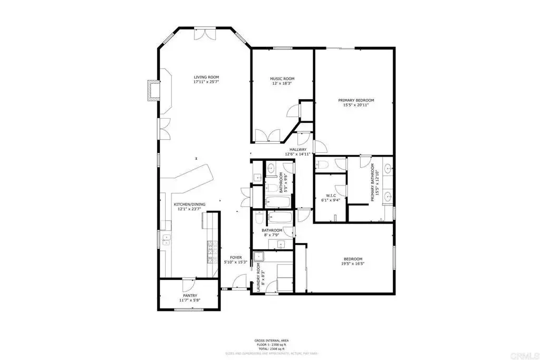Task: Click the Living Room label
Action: (206, 77)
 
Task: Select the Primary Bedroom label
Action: (356, 100)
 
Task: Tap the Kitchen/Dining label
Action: (190, 204)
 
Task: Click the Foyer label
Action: (235, 257)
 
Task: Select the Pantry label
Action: (189, 296)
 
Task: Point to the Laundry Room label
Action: (259, 278)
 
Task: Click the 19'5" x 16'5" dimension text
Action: (353, 264)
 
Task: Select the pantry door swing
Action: (188, 285)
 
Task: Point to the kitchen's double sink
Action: (166, 240)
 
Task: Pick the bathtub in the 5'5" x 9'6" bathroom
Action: (273, 201)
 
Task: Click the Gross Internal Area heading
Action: (270, 340)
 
